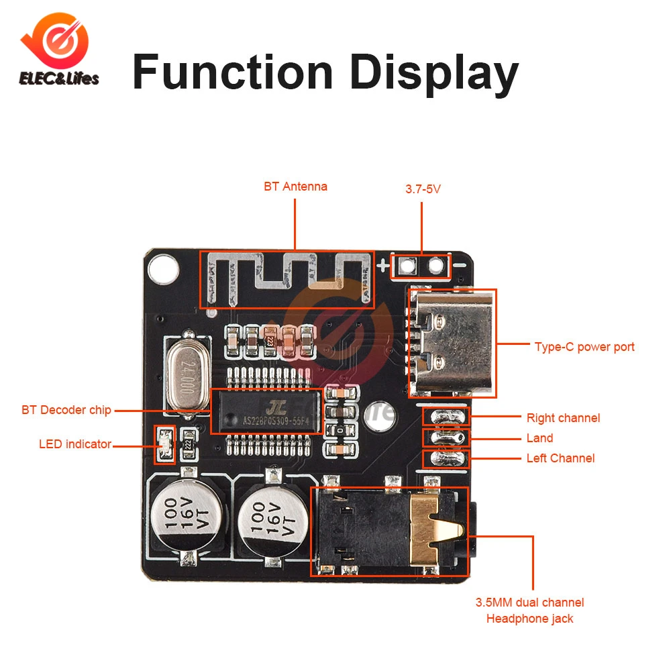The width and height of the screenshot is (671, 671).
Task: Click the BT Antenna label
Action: [x=295, y=187]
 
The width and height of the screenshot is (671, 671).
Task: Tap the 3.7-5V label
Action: [x=422, y=189]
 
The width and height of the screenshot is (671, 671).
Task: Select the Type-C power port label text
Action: [x=584, y=347]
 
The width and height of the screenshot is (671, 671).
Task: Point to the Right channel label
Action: [x=563, y=418]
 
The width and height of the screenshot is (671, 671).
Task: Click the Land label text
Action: [x=539, y=438]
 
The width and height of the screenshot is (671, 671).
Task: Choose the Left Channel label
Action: [x=560, y=458]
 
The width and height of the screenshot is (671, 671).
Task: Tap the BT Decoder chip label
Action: [x=66, y=410]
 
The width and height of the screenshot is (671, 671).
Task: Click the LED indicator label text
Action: [x=74, y=444]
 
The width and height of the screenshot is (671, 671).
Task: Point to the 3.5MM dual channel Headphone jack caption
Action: [x=529, y=611]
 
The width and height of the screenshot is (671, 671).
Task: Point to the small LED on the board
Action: [x=164, y=444]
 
